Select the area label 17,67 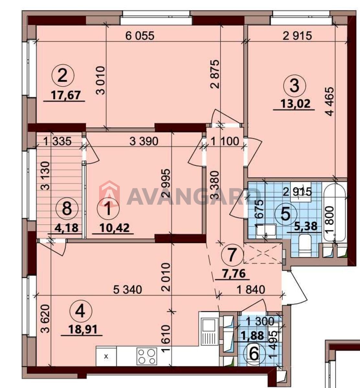66,95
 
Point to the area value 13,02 296,104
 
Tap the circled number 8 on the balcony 67,209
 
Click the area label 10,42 115,228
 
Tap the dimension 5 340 128,290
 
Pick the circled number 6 254,355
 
